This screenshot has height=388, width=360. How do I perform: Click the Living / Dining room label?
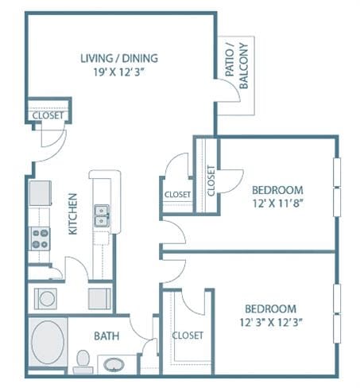point(119,58)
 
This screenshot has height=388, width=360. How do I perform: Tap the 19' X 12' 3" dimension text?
point(119,72)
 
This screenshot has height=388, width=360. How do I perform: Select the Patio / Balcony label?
point(237,65)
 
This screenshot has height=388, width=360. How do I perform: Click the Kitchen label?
point(72,214)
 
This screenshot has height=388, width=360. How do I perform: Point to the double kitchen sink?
point(102,215)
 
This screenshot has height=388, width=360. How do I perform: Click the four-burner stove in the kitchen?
point(40,239)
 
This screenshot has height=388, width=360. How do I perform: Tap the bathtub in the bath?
point(48,342)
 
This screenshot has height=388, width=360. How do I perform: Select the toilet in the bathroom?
point(83,362)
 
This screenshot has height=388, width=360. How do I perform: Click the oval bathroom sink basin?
point(114,365)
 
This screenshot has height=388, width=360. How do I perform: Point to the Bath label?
point(106,336)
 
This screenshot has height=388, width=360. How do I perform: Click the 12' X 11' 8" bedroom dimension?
point(277,204)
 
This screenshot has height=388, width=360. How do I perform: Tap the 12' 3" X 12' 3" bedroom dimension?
point(271,323)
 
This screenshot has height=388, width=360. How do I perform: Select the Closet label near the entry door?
point(48,115)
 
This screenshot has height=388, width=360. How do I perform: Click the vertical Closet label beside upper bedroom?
point(211,180)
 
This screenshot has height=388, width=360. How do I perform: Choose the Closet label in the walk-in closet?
point(188,336)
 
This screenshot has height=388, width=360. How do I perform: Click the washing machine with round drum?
point(45,299)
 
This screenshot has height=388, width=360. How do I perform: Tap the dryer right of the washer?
point(99,299)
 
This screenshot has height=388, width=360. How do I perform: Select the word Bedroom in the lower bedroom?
point(271,309)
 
